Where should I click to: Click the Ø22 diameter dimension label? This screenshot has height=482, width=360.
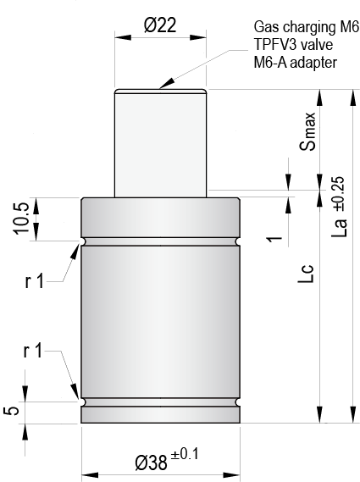tap(160, 25)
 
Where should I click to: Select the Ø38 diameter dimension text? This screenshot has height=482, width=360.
tap(152, 463)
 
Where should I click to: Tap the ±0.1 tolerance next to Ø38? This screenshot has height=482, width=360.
tap(185, 456)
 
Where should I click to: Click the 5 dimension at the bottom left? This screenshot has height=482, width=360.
tap(11, 412)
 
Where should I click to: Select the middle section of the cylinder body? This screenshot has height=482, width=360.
tap(161, 322)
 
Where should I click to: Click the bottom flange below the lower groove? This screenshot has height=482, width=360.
tap(161, 414)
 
